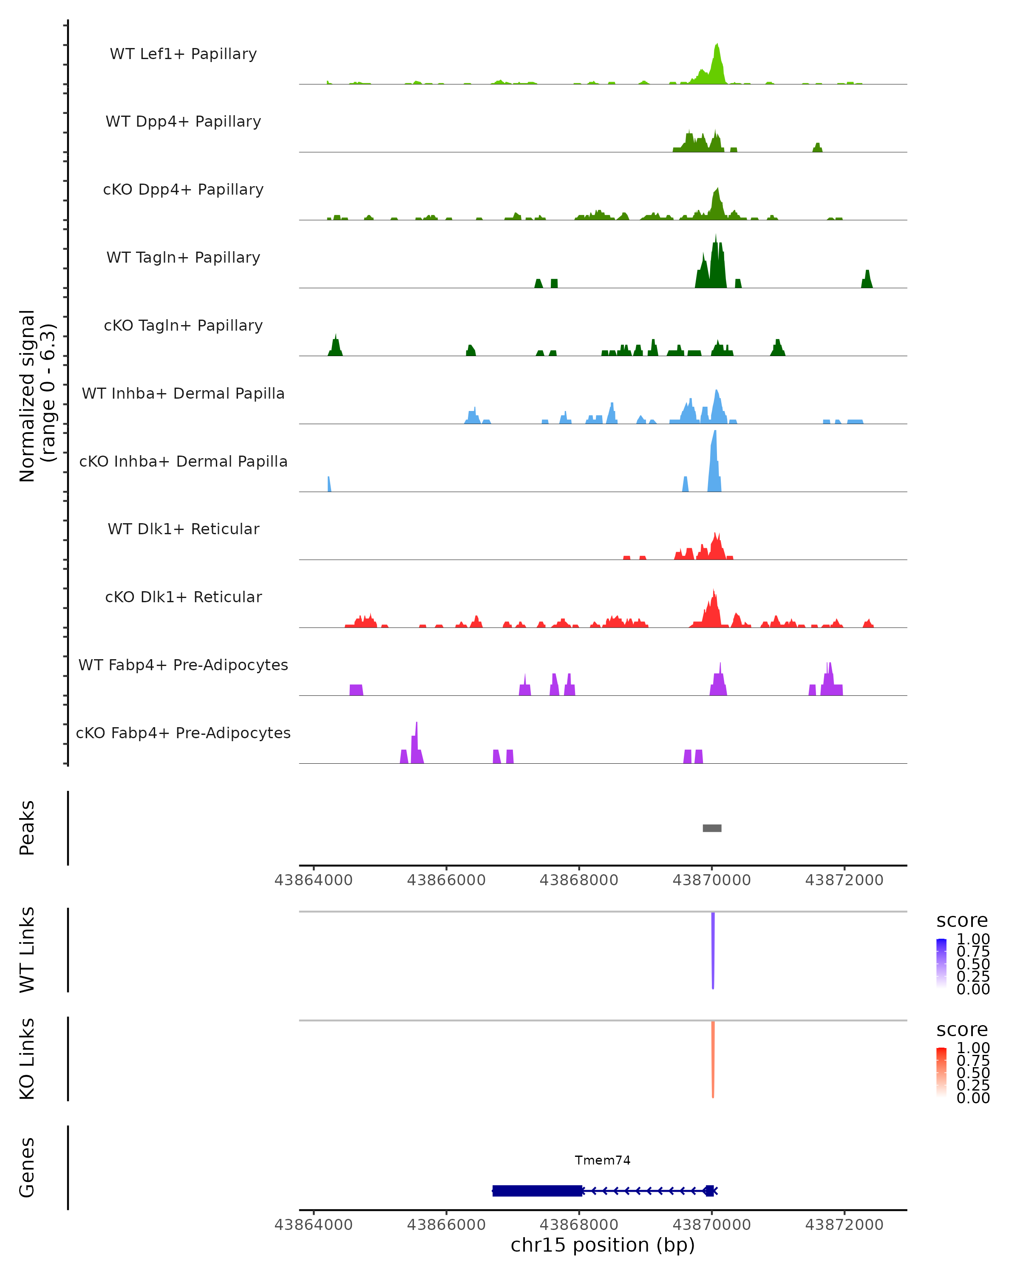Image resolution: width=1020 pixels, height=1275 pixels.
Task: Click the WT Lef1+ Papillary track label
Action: [x=183, y=54]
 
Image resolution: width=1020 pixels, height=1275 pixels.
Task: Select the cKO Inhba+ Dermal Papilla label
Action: [x=183, y=461]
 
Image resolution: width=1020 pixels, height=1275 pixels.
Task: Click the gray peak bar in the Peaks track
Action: [x=712, y=828]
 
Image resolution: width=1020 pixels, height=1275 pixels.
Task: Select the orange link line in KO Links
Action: [x=713, y=1059]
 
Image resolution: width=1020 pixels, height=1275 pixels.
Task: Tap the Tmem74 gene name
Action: [x=603, y=1160]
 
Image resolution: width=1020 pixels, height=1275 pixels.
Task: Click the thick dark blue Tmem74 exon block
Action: [x=537, y=1190]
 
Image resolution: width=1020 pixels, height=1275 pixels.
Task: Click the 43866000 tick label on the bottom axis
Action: [x=446, y=1224]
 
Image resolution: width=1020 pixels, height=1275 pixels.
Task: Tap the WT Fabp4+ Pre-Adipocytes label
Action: [x=183, y=665]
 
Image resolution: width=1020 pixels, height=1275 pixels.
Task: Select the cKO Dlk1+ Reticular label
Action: [x=183, y=597]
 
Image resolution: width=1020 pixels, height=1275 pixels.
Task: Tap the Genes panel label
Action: [x=27, y=1167]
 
